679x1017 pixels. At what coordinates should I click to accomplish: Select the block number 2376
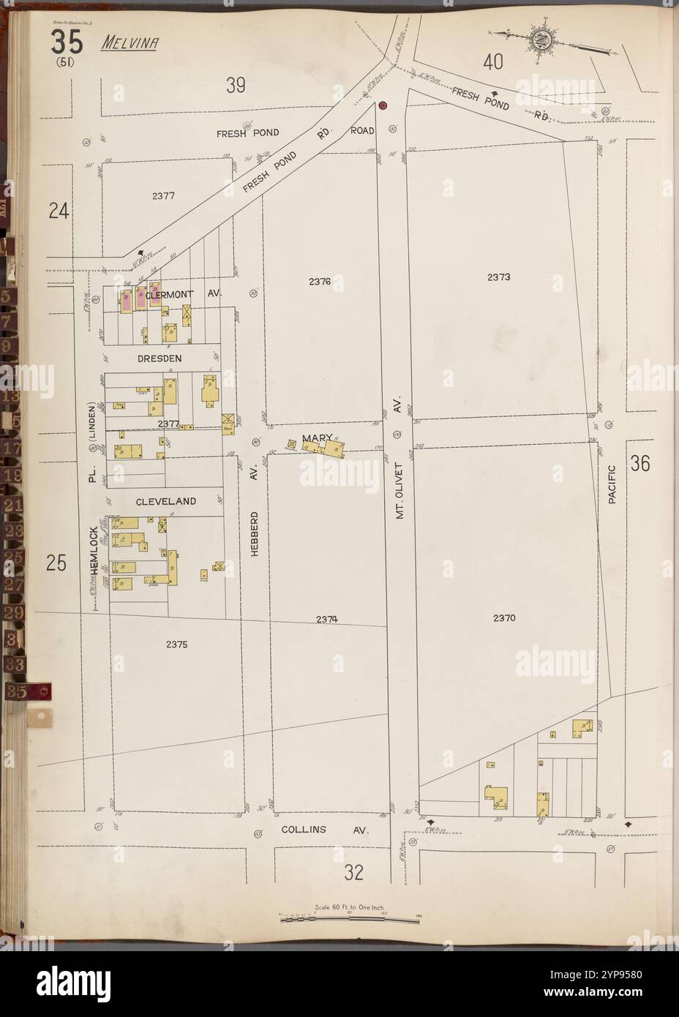[x=320, y=281]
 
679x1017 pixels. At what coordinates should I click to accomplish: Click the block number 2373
[x=498, y=277]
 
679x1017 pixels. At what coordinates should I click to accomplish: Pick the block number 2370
[x=504, y=618]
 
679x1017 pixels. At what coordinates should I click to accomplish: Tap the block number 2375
[x=176, y=645]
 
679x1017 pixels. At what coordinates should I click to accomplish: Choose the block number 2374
[x=327, y=619]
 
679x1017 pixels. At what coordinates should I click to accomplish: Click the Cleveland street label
[x=165, y=501]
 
